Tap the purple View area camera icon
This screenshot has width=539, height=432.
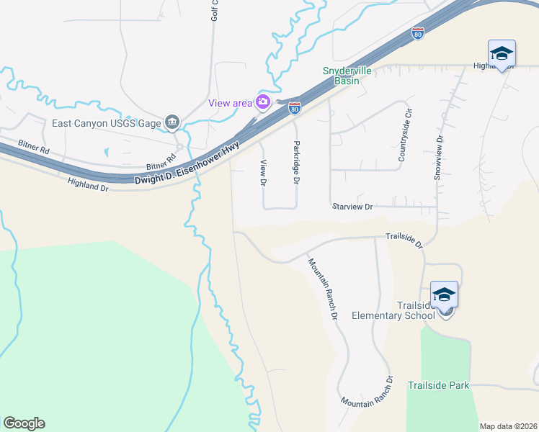coord(262,102)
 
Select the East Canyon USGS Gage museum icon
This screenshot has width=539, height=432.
coord(171,123)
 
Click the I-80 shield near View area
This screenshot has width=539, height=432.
coord(295,108)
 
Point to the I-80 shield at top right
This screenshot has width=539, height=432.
coord(417,32)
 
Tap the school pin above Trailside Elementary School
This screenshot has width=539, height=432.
coord(445,294)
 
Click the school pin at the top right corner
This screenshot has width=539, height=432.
coord(502,53)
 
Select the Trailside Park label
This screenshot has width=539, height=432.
coord(438,385)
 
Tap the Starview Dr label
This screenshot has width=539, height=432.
coord(352,207)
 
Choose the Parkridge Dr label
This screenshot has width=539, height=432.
coord(295,163)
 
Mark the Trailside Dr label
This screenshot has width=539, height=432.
coord(404,240)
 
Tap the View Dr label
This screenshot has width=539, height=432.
coord(263,173)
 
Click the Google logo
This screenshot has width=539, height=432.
coord(24,423)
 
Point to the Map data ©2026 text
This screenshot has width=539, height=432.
coord(508,426)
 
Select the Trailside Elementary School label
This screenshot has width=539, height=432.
coord(393,310)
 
